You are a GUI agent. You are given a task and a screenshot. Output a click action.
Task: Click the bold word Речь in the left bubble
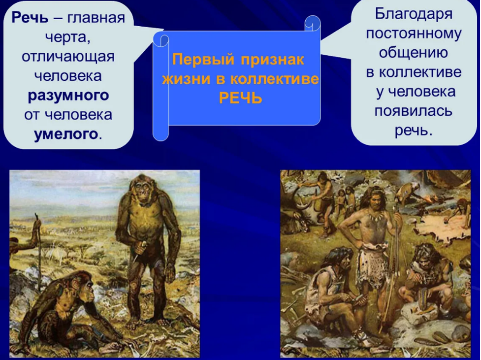(30, 18)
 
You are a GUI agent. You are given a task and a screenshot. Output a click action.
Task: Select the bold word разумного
(68, 96)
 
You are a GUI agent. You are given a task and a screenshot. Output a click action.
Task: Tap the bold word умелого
(65, 134)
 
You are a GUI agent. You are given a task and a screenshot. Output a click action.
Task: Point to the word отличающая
(68, 57)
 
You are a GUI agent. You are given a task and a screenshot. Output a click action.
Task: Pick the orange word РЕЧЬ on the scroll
(240, 98)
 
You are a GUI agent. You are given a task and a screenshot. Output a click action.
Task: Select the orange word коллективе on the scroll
(275, 79)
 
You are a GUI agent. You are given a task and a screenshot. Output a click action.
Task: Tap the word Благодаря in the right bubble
(414, 14)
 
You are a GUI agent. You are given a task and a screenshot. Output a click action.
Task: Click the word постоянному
(414, 33)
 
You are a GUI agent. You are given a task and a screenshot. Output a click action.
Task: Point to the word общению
(413, 53)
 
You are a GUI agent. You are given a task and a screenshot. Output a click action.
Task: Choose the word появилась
(413, 111)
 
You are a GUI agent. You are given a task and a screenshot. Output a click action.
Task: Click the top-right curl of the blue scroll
(313, 23)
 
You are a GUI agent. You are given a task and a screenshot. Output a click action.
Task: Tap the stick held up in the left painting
(39, 246)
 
